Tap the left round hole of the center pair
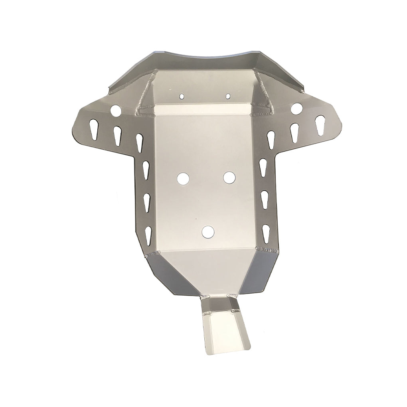184,178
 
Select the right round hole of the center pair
229,178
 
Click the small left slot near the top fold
182,96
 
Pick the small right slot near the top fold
228,96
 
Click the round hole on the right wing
296,108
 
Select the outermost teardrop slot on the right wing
320,124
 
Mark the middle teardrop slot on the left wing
117,136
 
